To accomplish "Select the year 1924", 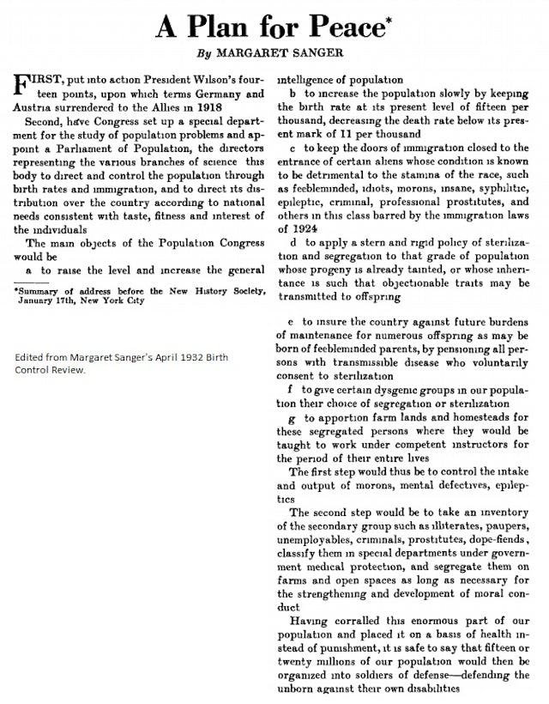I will coord(304,229).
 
